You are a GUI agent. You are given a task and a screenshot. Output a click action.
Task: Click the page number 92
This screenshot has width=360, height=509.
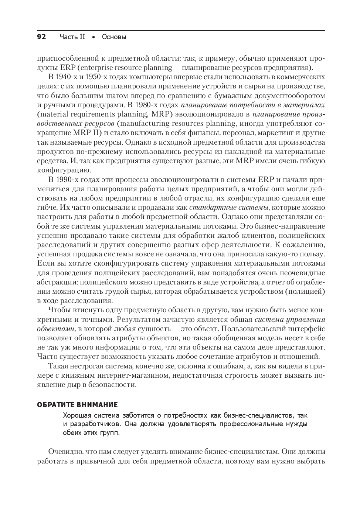[x=41, y=37]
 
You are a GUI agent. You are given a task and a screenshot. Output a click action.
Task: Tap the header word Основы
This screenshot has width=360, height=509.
[x=114, y=37]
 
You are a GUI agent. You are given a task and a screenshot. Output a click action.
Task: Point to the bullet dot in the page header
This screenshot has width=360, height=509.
[x=94, y=37]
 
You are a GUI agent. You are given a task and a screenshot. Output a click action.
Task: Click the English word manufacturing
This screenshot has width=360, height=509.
[x=152, y=123]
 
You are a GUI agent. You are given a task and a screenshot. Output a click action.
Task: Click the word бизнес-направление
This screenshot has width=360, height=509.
[x=289, y=226]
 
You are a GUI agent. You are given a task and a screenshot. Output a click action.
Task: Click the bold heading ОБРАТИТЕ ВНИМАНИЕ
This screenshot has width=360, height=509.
[x=77, y=404]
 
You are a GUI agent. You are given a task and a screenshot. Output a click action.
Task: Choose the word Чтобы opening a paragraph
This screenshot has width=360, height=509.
[x=59, y=310]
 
